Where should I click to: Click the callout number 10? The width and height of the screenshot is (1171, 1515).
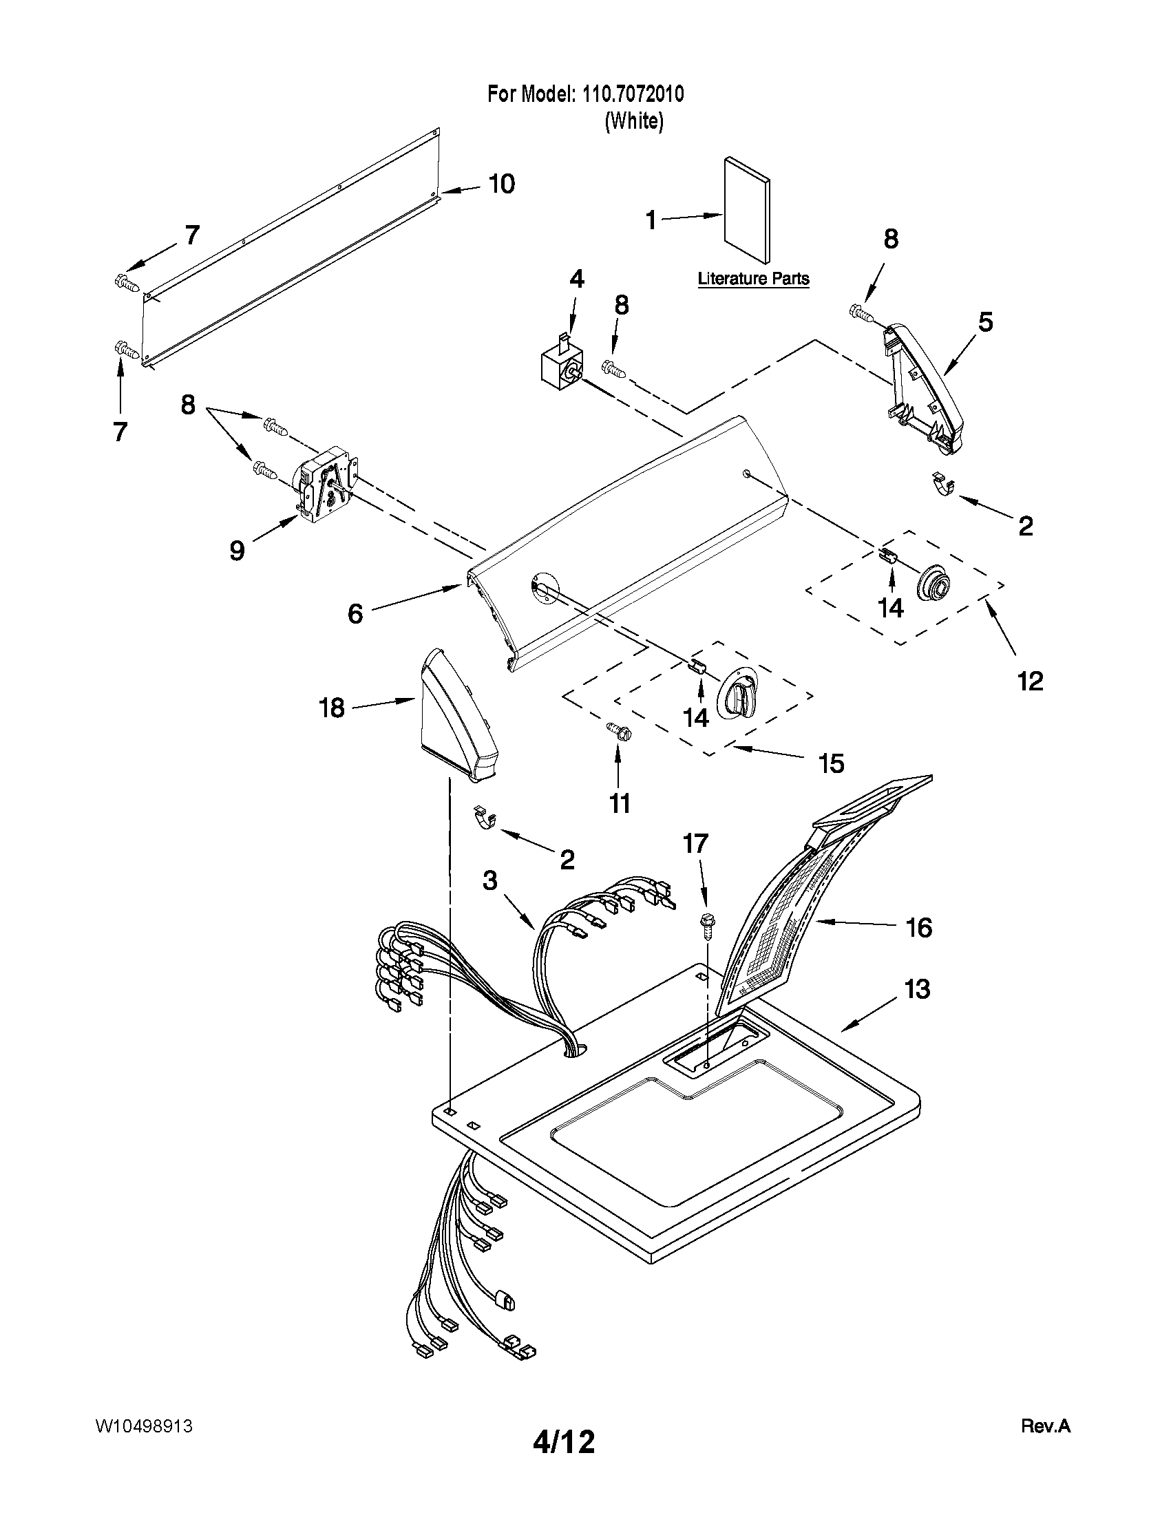coord(502,184)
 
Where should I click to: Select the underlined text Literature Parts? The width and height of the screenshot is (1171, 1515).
coord(753,279)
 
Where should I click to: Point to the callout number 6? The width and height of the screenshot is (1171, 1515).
coord(355,613)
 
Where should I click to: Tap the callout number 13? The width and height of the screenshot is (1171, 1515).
coord(917,989)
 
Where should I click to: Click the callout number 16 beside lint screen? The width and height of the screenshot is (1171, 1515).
coord(919,927)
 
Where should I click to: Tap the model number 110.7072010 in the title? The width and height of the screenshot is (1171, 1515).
coord(629,94)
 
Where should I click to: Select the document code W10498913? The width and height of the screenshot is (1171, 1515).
coord(144,1426)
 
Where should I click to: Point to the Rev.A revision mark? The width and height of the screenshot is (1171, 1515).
coord(1046,1426)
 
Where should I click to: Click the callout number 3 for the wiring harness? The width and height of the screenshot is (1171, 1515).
coord(489,881)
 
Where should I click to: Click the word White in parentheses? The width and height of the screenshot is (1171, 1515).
coord(634,121)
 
